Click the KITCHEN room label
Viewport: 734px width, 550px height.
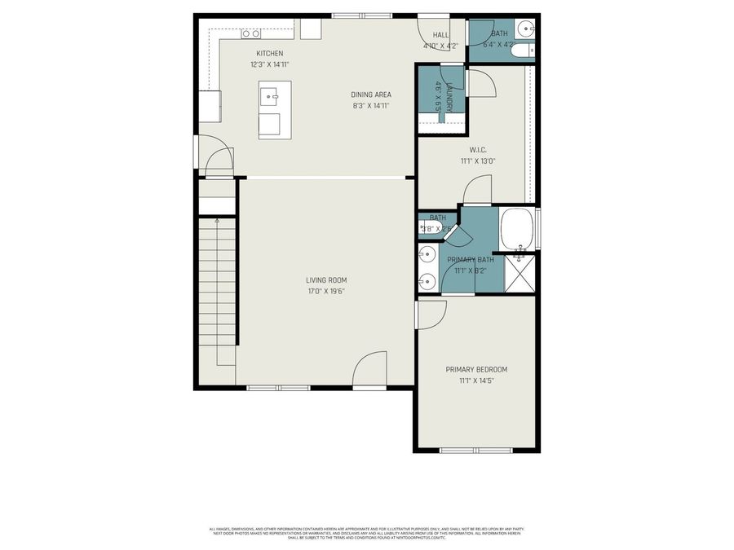(x=269, y=53)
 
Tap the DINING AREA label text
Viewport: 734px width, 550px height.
(x=371, y=95)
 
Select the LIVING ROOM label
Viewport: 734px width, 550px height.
(x=326, y=280)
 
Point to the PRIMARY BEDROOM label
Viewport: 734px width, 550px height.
(x=476, y=369)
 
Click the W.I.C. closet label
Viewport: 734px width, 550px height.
(x=478, y=149)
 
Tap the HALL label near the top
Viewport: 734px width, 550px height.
(x=440, y=35)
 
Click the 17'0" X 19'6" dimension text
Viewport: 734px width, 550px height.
(x=326, y=291)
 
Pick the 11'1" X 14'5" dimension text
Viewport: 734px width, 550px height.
(x=476, y=380)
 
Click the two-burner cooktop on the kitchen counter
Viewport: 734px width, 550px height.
(x=250, y=34)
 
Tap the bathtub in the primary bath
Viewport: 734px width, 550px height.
(x=517, y=231)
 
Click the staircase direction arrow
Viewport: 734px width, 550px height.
(x=217, y=220)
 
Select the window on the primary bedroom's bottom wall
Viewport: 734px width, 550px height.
(x=476, y=450)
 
